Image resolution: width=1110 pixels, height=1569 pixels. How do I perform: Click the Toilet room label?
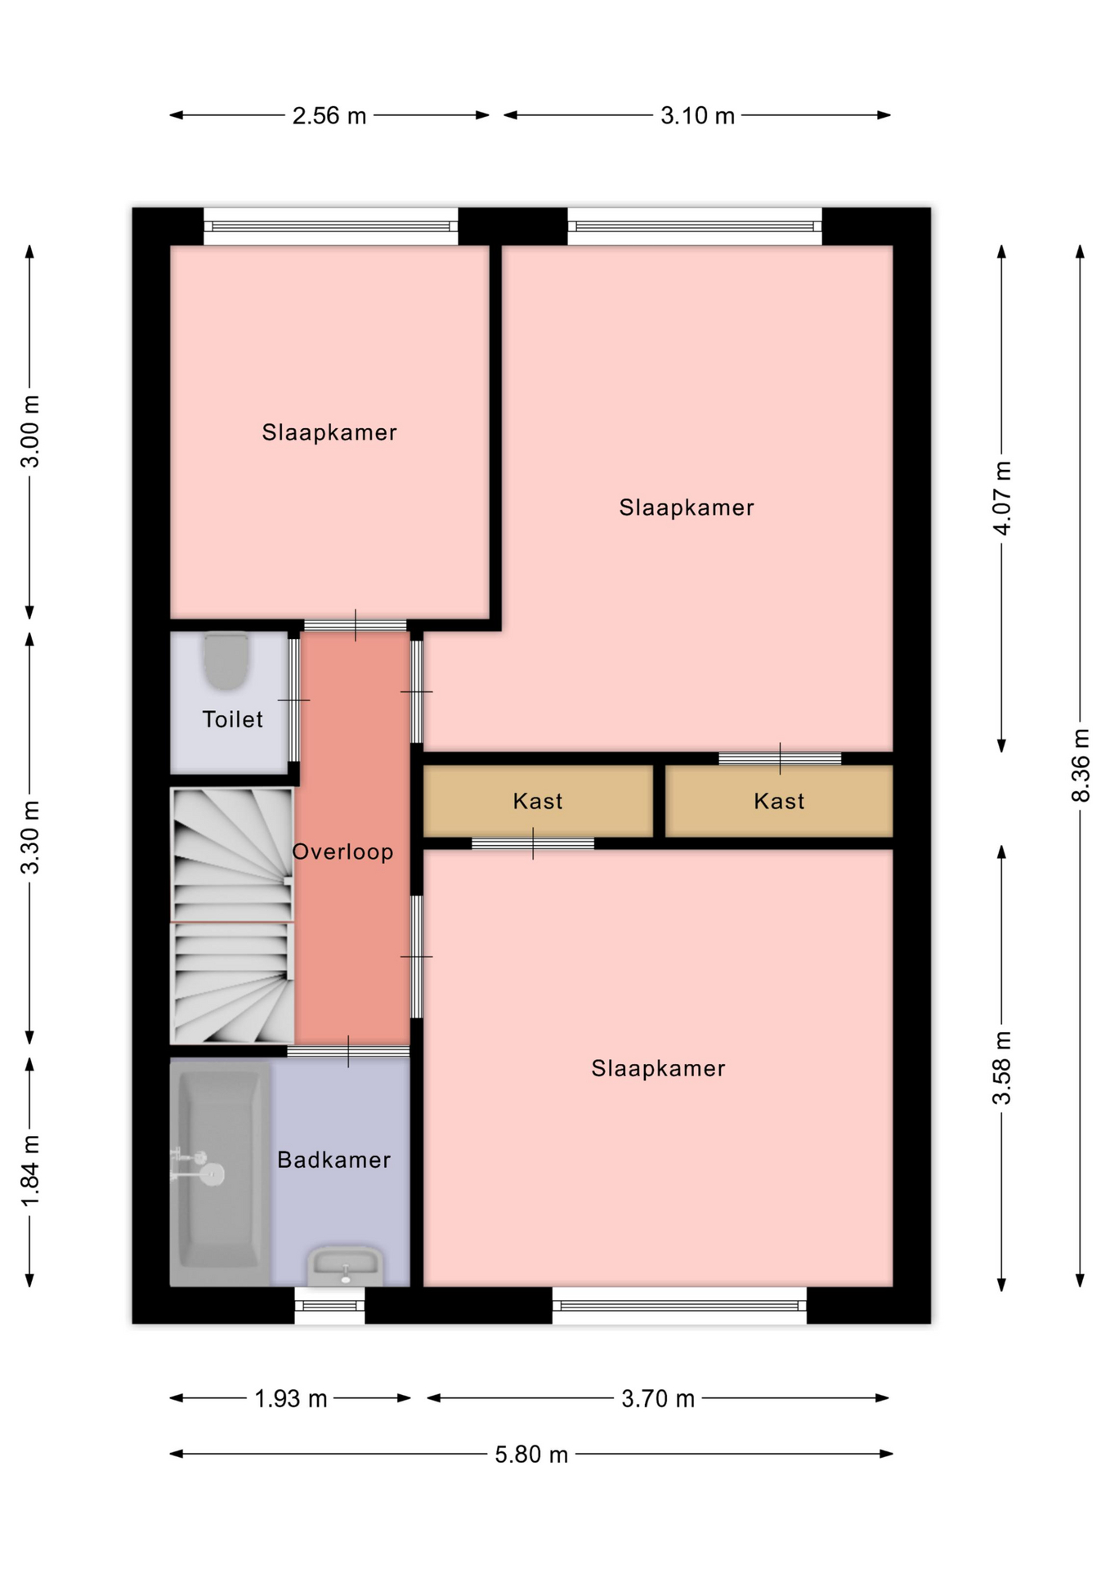coord(232,719)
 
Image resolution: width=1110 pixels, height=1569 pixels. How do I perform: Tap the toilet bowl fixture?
coord(226,660)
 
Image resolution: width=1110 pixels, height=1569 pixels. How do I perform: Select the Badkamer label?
coord(333,1160)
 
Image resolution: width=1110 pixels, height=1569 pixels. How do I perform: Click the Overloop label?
coord(342,852)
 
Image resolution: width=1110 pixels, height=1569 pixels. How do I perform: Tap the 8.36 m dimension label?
coord(1081,766)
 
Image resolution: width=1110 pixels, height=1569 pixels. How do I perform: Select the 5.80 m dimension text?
coord(531,1455)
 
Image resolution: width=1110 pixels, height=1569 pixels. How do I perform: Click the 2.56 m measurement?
coord(329,116)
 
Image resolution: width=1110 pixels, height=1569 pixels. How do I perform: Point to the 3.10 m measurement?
coord(697,116)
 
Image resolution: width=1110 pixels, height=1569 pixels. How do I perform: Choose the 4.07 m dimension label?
coord(1002,498)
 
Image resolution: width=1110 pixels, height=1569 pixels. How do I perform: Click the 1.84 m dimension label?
coord(30,1170)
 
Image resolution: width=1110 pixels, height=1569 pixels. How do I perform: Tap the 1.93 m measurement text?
coord(291,1399)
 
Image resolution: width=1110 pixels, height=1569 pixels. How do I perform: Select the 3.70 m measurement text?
coord(658,1399)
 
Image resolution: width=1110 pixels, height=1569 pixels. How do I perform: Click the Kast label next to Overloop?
coord(538,801)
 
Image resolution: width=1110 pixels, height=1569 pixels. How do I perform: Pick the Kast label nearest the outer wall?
coord(779,801)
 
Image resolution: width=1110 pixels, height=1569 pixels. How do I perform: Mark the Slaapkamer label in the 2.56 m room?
coord(329,432)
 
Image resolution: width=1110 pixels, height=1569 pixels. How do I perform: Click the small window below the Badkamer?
coord(329,1305)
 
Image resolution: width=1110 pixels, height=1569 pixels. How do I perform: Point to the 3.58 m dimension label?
coord(1002,1068)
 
